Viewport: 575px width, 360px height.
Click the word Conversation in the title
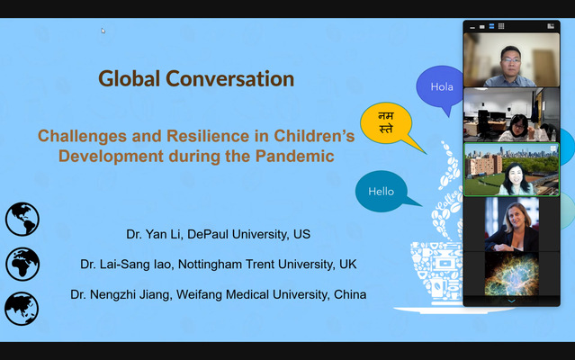coord(230,79)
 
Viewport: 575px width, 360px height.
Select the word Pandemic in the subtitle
coord(295,156)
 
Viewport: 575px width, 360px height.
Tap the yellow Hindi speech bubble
coord(387,122)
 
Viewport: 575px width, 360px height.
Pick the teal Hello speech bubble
coord(382,191)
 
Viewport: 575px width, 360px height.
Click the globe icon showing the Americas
coord(22,220)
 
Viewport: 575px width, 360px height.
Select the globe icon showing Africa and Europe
coord(22,264)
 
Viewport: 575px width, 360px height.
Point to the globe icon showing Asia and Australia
coord(22,309)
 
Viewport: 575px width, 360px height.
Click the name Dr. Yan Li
coord(153,234)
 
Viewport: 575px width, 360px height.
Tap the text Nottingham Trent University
coord(256,265)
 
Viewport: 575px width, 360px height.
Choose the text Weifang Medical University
coord(253,294)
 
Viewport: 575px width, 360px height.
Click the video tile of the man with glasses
coord(511,59)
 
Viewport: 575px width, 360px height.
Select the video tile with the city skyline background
coord(511,169)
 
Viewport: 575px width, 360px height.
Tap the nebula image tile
coord(512,274)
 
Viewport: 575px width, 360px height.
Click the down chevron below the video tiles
coord(511,301)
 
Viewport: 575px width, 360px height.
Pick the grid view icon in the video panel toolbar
coord(501,26)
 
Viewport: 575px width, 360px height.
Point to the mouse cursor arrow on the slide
coord(103,31)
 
